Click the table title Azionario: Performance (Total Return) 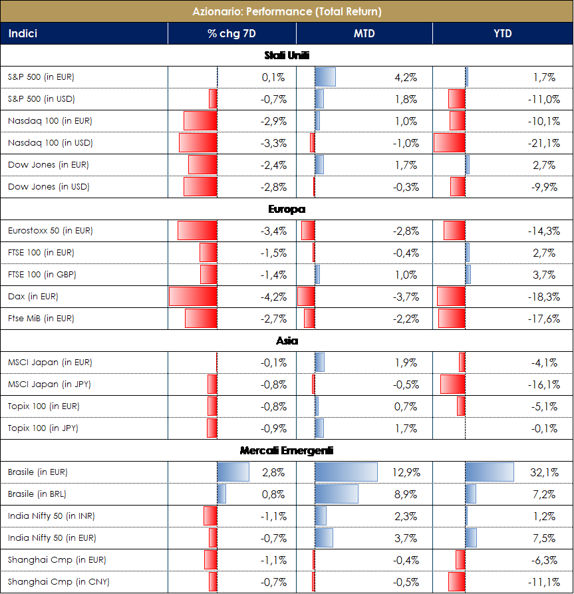point(287,11)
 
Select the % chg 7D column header point(231,33)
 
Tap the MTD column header point(364,33)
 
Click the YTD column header point(503,33)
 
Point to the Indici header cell point(23,33)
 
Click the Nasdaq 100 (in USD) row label point(50,143)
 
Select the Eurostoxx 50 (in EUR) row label point(51,231)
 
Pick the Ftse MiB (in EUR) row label point(41,319)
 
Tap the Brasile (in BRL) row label point(37,494)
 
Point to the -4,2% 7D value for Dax point(273,297)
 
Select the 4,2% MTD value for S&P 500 point(406,77)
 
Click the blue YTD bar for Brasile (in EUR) point(490,472)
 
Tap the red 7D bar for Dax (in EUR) point(193,297)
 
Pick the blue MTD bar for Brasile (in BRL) point(337,494)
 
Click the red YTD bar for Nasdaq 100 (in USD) point(450,143)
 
